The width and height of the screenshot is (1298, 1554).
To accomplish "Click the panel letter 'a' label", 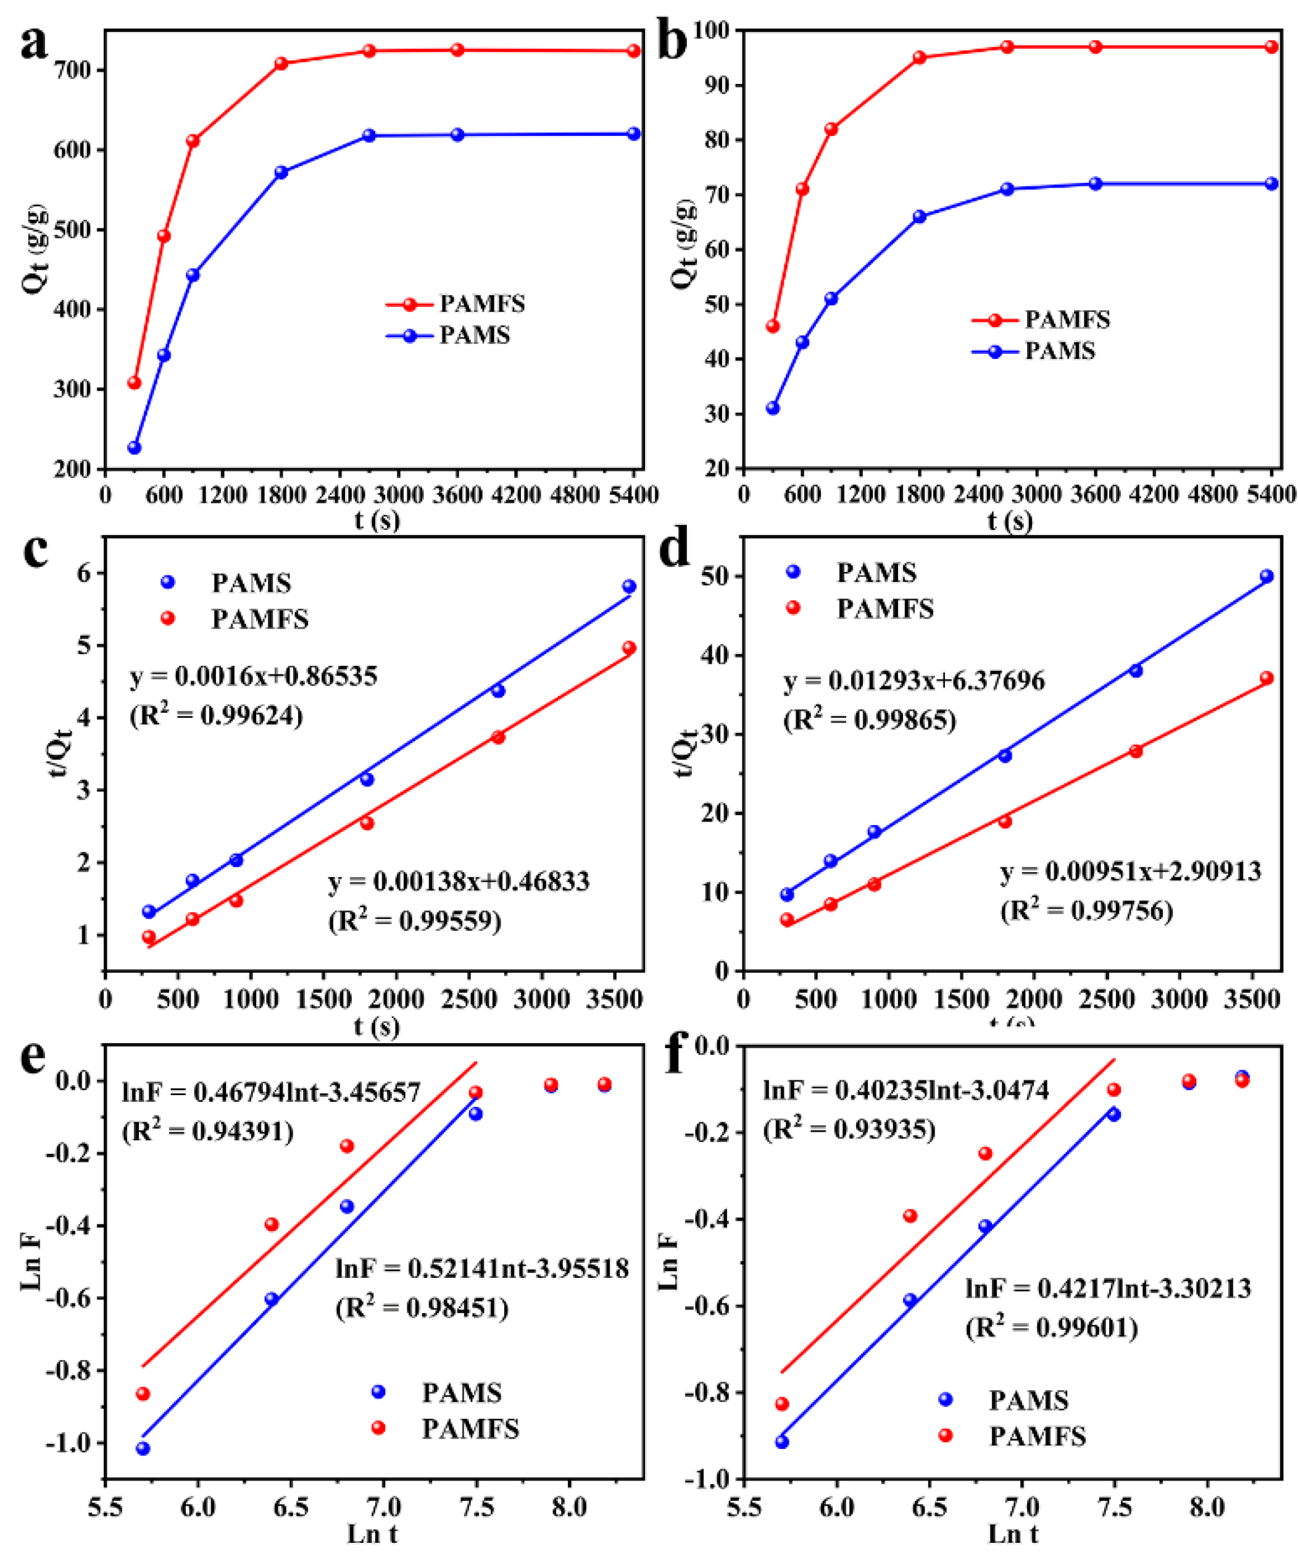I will click(33, 44).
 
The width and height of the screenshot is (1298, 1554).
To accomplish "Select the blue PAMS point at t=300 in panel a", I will click(134, 448).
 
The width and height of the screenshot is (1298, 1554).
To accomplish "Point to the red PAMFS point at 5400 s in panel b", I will click(1271, 46).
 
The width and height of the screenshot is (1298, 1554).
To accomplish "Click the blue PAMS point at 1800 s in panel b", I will click(918, 217).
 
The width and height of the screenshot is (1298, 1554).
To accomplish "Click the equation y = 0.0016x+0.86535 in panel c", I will click(254, 676).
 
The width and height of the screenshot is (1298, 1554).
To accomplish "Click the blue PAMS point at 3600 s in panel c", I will click(629, 586).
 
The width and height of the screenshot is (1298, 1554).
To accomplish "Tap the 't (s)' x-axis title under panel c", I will click(377, 1027).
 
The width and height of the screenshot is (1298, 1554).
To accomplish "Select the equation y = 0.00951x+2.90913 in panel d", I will click(1130, 871).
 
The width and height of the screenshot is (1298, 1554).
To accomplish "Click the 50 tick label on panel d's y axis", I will click(715, 576).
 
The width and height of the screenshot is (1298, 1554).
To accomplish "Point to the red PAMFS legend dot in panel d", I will click(793, 608).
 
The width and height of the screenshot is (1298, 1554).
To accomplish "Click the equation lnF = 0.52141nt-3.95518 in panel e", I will click(482, 1269).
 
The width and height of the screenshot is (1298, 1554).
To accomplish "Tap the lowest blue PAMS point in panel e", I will click(143, 1448).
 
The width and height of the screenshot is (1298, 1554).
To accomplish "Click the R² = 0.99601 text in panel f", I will click(1051, 1327).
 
